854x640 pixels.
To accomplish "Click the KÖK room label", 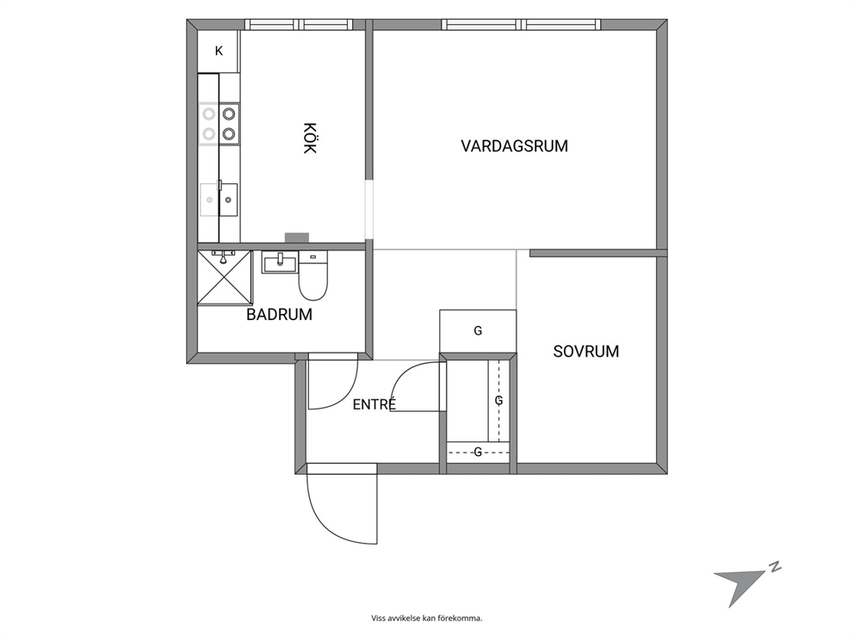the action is [x=309, y=138].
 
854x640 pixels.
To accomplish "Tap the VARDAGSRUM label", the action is [x=514, y=146].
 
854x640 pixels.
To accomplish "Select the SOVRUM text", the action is [x=586, y=351].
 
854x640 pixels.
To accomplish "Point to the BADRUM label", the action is [x=280, y=314].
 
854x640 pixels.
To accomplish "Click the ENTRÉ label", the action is [x=374, y=404].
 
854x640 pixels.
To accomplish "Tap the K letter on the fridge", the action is [x=219, y=51].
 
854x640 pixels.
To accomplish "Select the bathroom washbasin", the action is [x=280, y=262].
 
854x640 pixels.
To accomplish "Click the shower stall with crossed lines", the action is [x=225, y=277].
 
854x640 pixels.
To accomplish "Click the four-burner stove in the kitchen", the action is [x=219, y=124].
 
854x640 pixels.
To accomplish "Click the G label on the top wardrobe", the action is [x=478, y=330].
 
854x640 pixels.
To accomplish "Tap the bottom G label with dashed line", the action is [x=478, y=452].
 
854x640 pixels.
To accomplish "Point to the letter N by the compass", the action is [x=775, y=567].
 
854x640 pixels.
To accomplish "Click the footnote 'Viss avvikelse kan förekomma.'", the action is [x=427, y=618].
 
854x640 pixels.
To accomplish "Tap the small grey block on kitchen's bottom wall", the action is [x=297, y=237].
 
